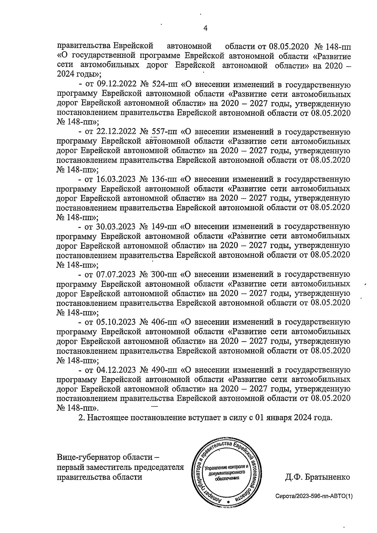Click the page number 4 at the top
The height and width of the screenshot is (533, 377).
click(x=205, y=28)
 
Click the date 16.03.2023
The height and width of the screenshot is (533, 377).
click(x=115, y=179)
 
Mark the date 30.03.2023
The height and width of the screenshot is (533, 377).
click(x=115, y=227)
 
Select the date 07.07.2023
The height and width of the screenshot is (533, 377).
click(x=115, y=275)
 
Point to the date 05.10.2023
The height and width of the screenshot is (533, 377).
click(x=115, y=322)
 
